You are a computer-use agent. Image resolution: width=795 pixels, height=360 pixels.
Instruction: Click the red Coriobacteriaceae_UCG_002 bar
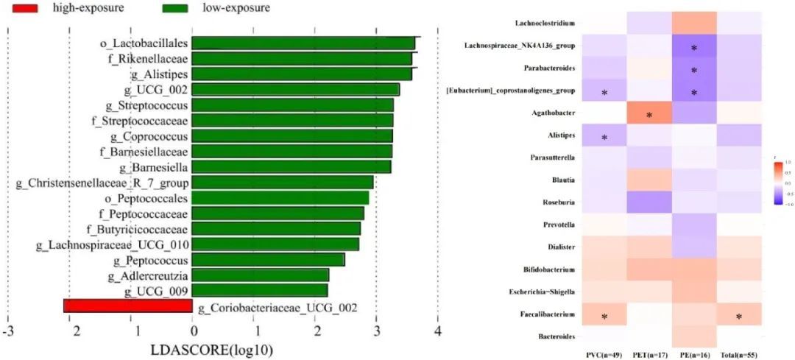[x=128, y=306]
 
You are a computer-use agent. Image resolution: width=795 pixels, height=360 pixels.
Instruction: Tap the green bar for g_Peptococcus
[x=268, y=259]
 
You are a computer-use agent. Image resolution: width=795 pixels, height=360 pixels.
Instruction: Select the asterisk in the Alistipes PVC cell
[x=604, y=138]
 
